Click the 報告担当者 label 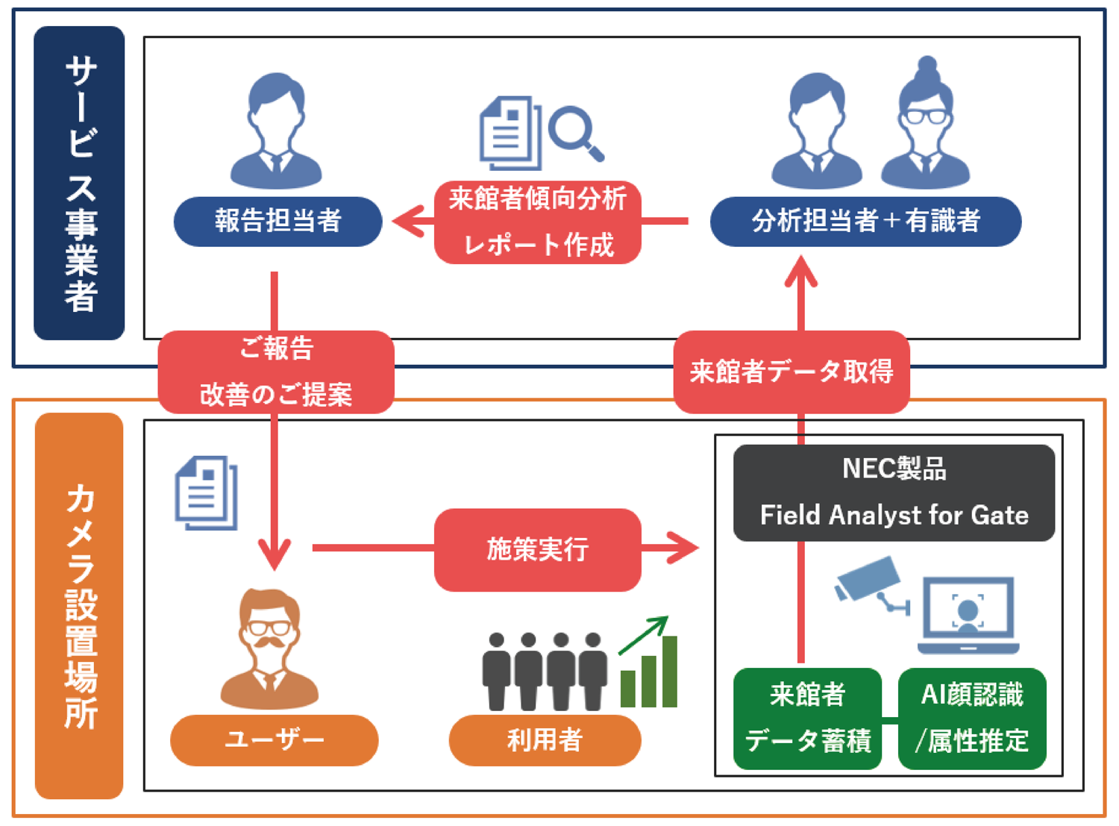pos(278,222)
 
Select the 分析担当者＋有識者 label pos(865,222)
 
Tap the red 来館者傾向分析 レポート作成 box pos(537,222)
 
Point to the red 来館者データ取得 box pos(791,372)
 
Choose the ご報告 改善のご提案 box pos(276,372)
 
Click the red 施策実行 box pos(537,549)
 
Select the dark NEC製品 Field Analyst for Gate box pos(894,492)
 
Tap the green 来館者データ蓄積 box pos(807,718)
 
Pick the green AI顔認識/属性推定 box pos(972,718)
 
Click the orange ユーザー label pos(274,739)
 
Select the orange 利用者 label pos(545,739)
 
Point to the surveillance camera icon pos(871,586)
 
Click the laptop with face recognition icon pos(968,614)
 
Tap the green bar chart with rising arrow pos(648,664)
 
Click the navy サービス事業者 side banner pos(79,183)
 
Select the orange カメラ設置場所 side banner pos(79,605)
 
